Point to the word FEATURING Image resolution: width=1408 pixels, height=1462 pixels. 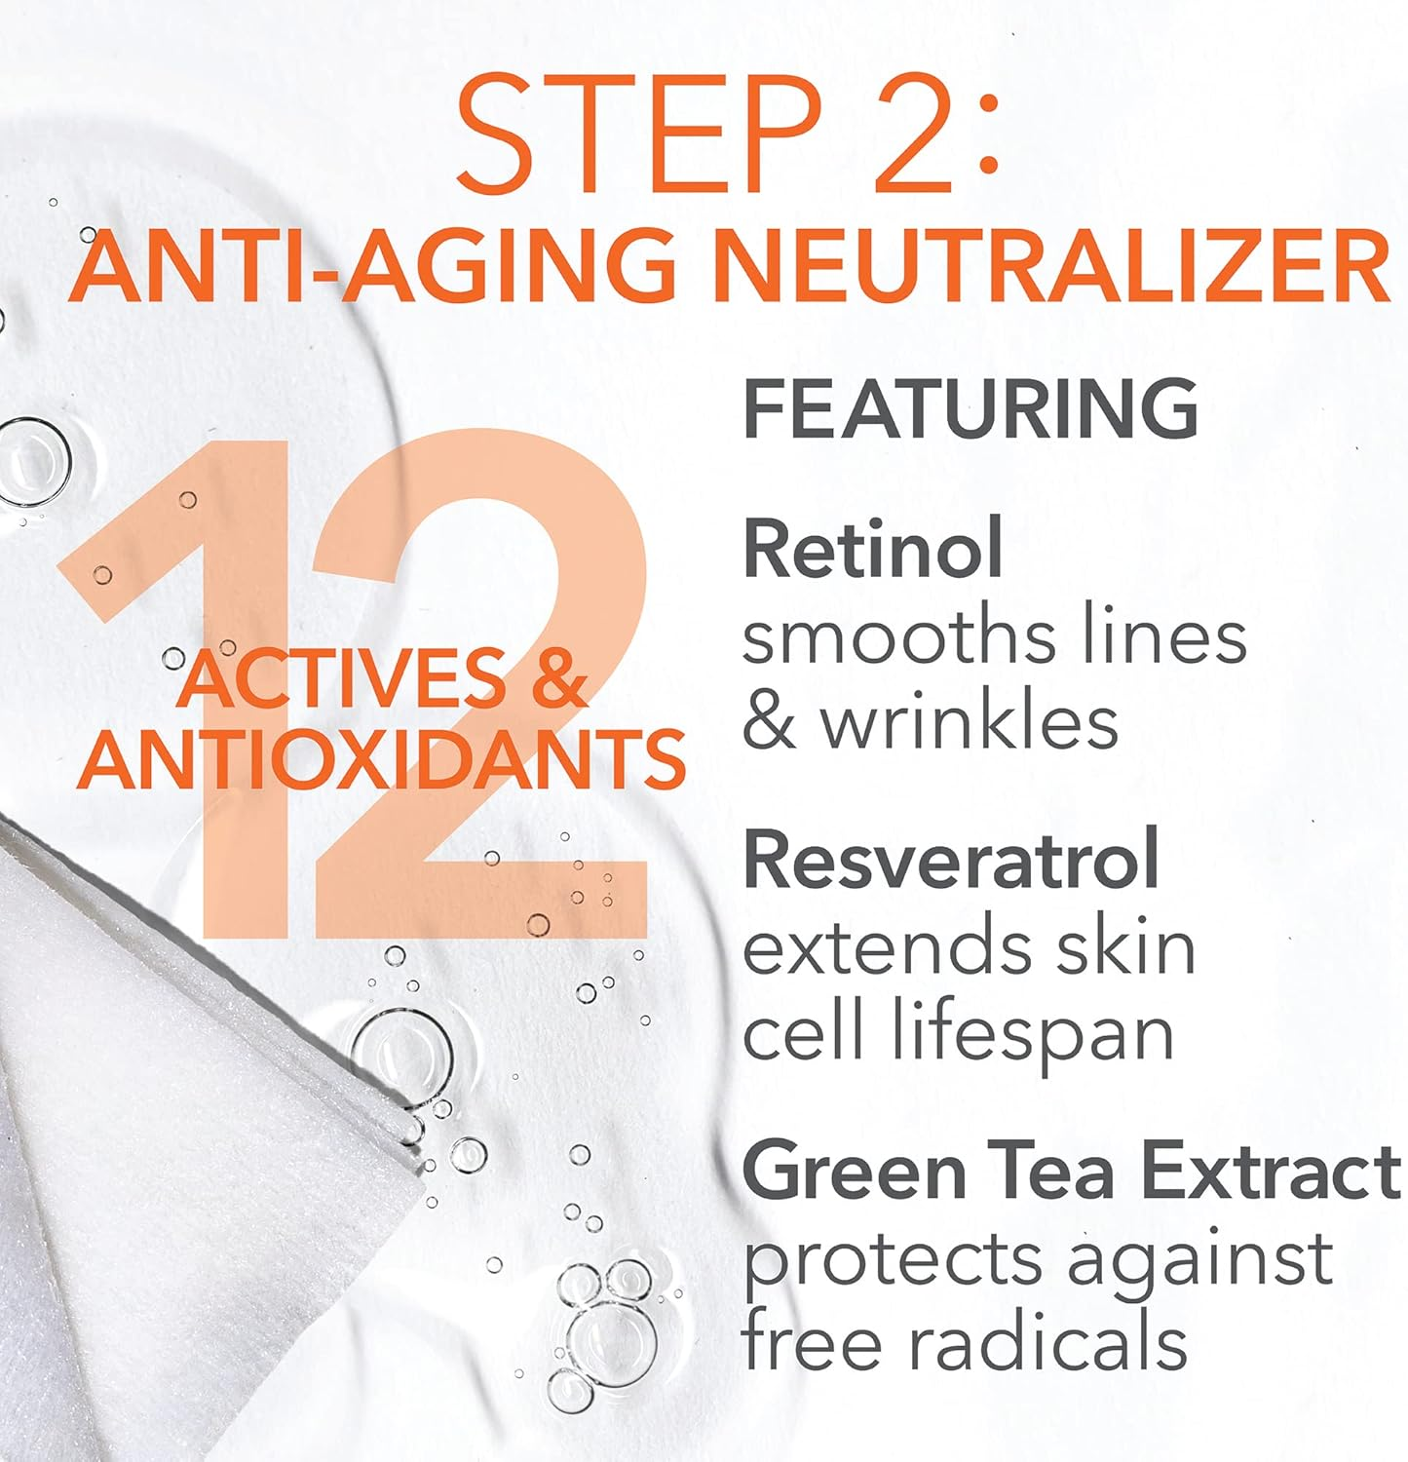[970, 409]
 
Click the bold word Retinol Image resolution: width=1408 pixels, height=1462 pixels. [872, 549]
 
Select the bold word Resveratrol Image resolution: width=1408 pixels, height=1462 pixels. [951, 859]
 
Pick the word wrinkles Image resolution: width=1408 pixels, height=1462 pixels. [970, 722]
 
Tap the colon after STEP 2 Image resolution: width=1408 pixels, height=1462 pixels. [987, 136]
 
